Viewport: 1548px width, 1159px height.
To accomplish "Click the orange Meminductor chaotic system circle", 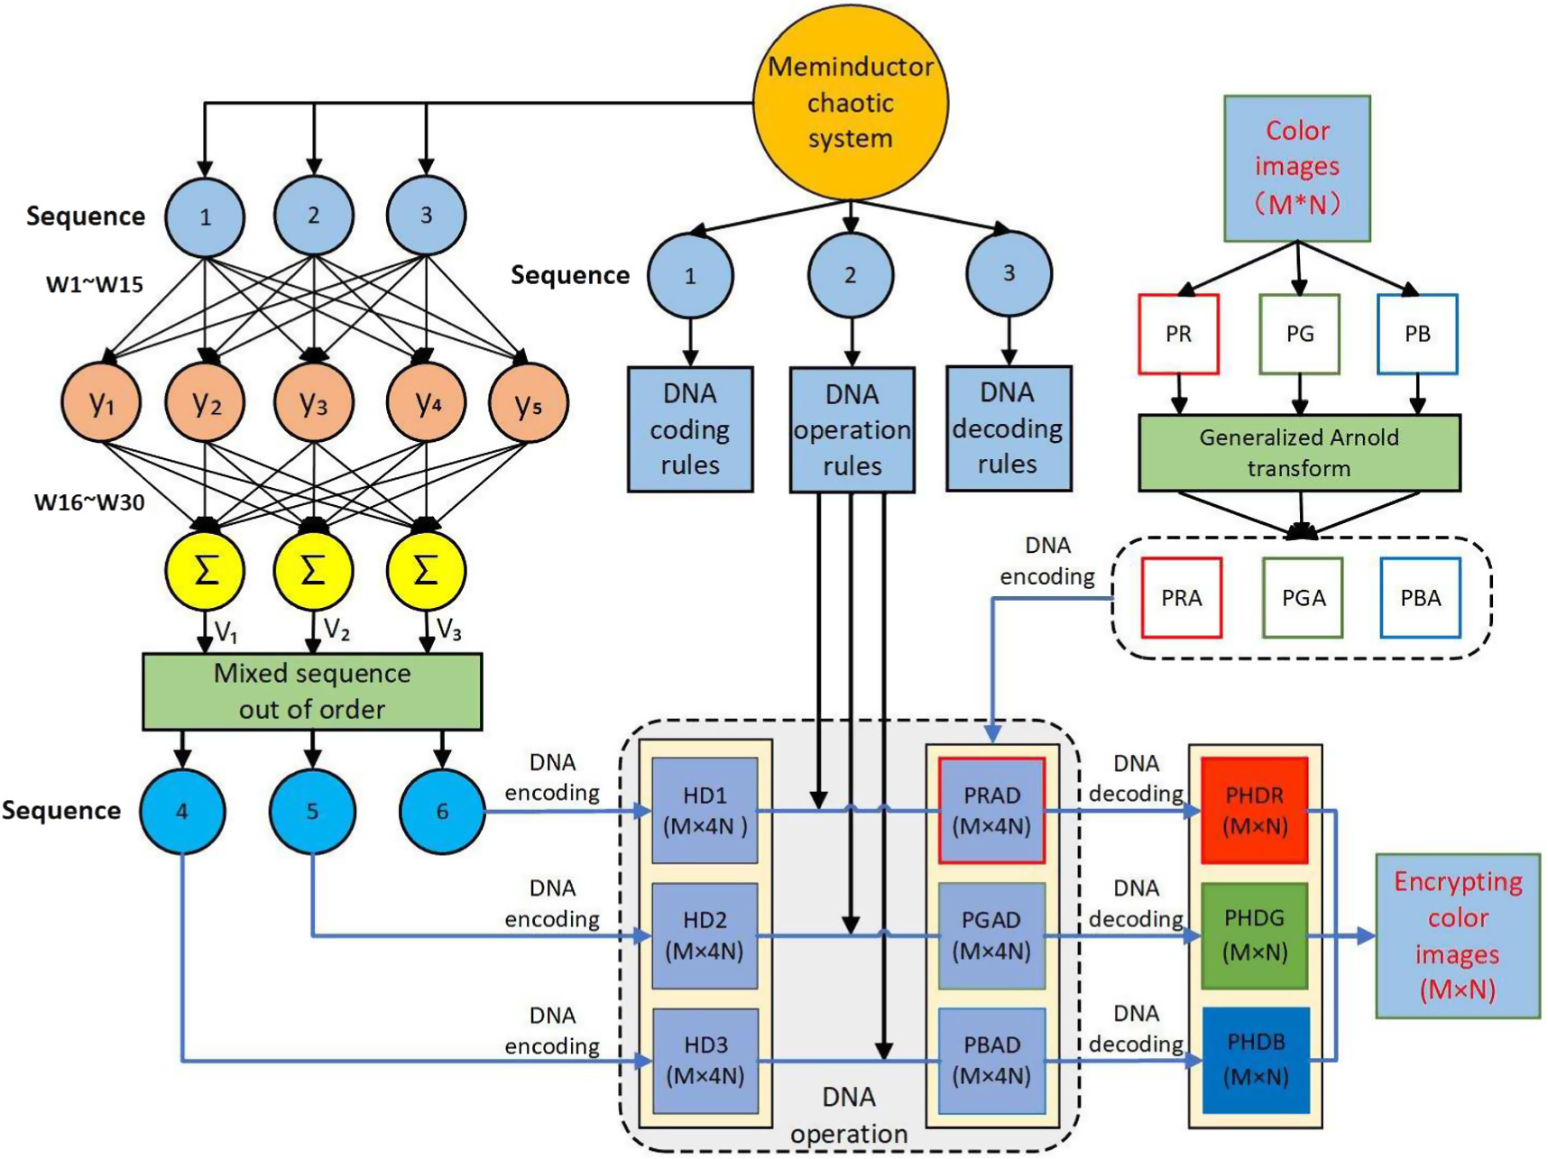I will [x=850, y=102].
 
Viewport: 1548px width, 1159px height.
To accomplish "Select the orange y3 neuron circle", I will [x=313, y=402].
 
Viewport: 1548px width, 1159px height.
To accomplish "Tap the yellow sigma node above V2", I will [x=313, y=571].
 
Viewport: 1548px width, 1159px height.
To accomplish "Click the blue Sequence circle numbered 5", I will [x=312, y=811].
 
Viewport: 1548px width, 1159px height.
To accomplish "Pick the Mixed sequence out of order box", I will [x=312, y=691].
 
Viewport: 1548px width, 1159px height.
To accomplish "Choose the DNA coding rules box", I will [x=690, y=429].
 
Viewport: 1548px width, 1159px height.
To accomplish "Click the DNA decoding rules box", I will [x=1008, y=428].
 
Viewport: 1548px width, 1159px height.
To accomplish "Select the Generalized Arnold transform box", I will [x=1298, y=453].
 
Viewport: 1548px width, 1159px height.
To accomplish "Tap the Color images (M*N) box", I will [x=1296, y=168].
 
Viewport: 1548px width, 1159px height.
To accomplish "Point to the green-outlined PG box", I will [x=1299, y=334].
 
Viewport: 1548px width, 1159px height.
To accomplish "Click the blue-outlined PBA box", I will [x=1420, y=598].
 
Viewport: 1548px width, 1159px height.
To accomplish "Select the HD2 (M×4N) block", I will [x=705, y=935].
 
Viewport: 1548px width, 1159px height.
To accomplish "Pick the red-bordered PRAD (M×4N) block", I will [x=991, y=810].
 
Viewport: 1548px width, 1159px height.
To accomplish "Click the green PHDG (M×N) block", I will [x=1254, y=935].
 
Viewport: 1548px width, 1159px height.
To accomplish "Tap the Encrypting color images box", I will [x=1457, y=935].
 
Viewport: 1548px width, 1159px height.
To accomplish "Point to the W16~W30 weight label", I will [x=89, y=502].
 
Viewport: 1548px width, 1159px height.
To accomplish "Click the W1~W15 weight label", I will [x=95, y=285].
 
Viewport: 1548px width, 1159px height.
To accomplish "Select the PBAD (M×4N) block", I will [x=991, y=1060].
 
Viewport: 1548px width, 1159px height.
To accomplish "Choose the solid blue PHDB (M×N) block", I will [x=1255, y=1060].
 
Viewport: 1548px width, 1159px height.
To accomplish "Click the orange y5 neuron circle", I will [x=528, y=402].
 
